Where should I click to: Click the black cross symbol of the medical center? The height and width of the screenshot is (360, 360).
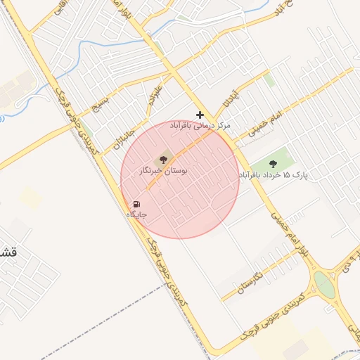(200, 115)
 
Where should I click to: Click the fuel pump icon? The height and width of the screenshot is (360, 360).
(135, 204)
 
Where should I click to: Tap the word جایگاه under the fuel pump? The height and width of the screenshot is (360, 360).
(136, 214)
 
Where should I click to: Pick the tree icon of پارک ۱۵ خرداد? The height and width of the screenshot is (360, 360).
(273, 163)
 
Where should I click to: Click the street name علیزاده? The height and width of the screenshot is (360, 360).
(154, 98)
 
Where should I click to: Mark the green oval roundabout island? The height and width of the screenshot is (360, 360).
(324, 285)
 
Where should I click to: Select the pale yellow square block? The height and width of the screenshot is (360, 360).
(30, 196)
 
